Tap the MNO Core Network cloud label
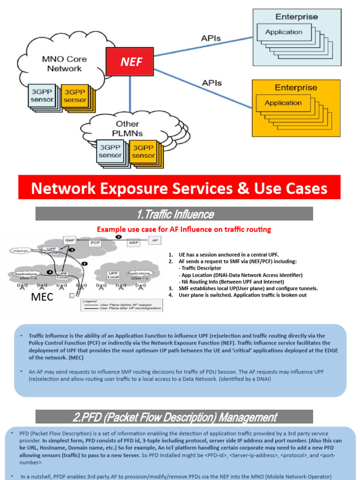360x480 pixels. pos(64,64)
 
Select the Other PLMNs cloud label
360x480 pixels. pos(127,128)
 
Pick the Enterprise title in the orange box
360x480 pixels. pos(295,88)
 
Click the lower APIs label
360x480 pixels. pos(211,83)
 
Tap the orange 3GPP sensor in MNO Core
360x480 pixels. pos(75,96)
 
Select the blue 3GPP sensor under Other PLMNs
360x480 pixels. pos(110,151)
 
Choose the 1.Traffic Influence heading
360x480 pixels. pos(174,214)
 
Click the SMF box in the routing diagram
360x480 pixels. pos(70,240)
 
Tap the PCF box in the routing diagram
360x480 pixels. pos(96,243)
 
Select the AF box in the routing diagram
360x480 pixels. pos(155,240)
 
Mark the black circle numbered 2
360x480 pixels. pos(119,237)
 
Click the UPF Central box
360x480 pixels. pos(50,250)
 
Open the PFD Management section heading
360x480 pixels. pos(174,417)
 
